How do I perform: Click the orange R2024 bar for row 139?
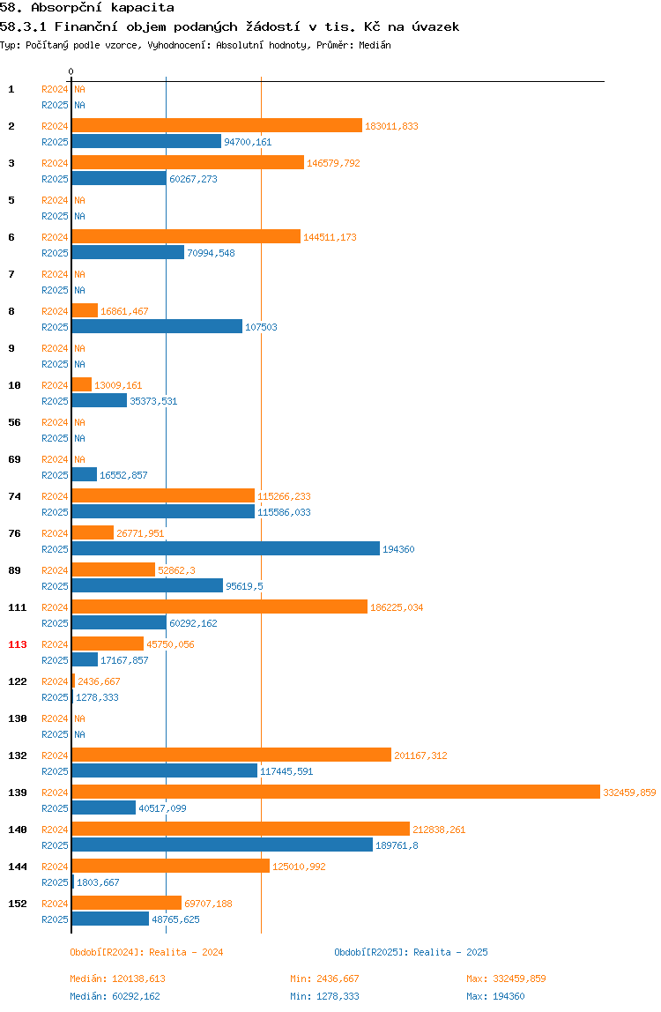click(336, 792)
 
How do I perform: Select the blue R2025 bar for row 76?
click(226, 548)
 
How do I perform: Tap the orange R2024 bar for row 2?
click(217, 125)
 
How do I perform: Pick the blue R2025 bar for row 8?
click(157, 326)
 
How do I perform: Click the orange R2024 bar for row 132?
click(232, 755)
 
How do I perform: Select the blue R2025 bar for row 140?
click(222, 845)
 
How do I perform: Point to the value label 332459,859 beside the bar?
click(629, 792)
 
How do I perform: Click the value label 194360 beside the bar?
click(398, 549)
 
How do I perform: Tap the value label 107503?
click(261, 327)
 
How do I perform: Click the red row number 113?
click(18, 644)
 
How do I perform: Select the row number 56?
click(14, 422)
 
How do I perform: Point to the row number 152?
click(18, 904)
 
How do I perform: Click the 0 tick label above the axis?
click(71, 71)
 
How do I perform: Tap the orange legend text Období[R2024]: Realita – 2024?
click(146, 952)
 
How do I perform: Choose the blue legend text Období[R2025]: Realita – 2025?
click(412, 952)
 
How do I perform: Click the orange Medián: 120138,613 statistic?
click(117, 979)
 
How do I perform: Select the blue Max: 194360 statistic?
click(495, 996)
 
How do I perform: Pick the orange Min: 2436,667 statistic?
click(324, 979)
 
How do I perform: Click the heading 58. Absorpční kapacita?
click(87, 8)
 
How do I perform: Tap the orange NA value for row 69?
click(79, 459)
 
